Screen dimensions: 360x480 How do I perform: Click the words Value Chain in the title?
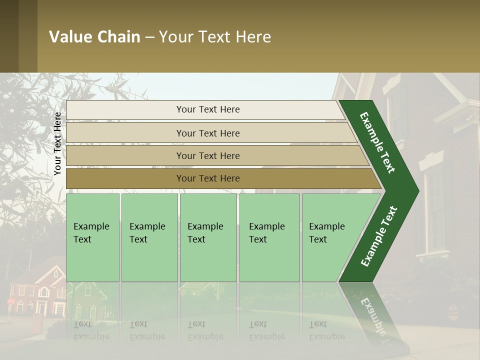pyautogui.click(x=94, y=37)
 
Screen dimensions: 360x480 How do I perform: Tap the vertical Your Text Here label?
pyautogui.click(x=57, y=144)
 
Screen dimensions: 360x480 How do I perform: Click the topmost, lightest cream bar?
pyautogui.click(x=207, y=109)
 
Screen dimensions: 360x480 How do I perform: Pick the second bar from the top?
pyautogui.click(x=207, y=133)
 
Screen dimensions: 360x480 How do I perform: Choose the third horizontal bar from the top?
pyautogui.click(x=207, y=155)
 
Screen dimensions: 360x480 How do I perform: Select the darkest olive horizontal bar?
pyautogui.click(x=207, y=178)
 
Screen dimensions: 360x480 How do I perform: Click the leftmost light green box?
pyautogui.click(x=92, y=237)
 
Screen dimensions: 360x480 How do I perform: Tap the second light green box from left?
pyautogui.click(x=149, y=237)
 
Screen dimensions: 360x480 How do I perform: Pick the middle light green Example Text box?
pyautogui.click(x=208, y=237)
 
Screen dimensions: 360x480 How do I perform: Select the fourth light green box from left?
pyautogui.click(x=269, y=237)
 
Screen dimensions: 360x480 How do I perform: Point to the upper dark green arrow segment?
pyautogui.click(x=378, y=142)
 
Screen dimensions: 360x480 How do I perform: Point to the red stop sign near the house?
pyautogui.click(x=10, y=302)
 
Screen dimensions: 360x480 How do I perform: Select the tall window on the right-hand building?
pyautogui.click(x=434, y=210)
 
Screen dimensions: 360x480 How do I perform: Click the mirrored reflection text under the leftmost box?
pyautogui.click(x=91, y=330)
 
